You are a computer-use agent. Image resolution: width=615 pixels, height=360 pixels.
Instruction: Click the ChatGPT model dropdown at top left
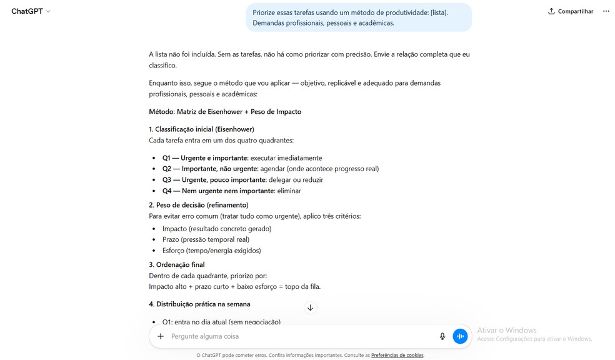pos(31,11)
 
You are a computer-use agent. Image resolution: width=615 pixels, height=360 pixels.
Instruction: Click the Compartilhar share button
pos(570,11)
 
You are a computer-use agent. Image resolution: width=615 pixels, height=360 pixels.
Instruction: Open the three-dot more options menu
pos(606,11)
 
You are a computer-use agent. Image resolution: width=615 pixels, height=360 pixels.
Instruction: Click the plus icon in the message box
pos(161,336)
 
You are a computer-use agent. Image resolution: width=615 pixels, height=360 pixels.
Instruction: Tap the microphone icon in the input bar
pos(442,336)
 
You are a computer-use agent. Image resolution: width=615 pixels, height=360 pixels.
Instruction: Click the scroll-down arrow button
pos(310,307)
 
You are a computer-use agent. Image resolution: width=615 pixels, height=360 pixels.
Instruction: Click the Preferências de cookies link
pos(397,355)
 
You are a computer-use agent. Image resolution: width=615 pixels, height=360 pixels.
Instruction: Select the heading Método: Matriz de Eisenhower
pos(225,112)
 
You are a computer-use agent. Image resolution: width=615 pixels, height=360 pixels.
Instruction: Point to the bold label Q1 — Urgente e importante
pos(205,158)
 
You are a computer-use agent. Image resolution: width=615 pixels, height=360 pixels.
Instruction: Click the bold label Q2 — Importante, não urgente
pos(209,169)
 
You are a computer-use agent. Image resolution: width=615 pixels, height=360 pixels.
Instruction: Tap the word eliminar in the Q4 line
pos(289,191)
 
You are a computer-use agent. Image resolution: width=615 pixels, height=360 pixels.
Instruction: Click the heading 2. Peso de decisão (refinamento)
pos(199,205)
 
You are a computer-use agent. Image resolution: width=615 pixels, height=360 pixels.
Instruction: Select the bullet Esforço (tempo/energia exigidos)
pos(211,251)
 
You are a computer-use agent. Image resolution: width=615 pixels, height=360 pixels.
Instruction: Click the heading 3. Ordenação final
pos(177,264)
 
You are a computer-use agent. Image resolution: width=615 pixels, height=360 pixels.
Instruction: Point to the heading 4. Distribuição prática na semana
pos(199,304)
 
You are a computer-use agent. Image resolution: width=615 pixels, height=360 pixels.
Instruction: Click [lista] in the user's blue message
pos(439,12)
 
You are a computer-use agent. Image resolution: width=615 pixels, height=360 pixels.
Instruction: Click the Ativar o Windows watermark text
pos(507,331)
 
